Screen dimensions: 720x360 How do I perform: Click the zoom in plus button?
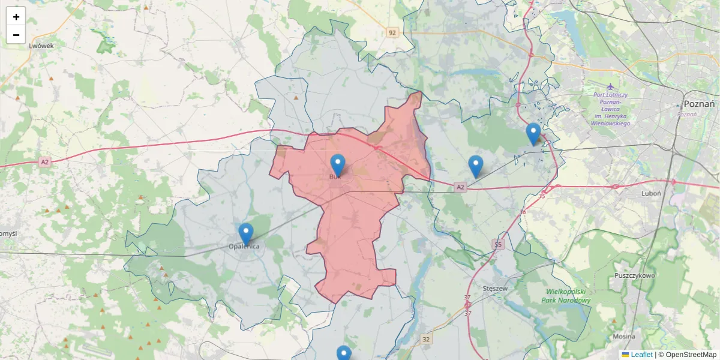pyautogui.click(x=16, y=17)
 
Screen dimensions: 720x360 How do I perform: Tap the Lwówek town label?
pyautogui.click(x=41, y=46)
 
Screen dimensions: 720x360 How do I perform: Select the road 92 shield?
pyautogui.click(x=392, y=32)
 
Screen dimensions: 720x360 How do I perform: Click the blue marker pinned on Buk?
pyautogui.click(x=338, y=165)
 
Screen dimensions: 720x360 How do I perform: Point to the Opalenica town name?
pyautogui.click(x=244, y=247)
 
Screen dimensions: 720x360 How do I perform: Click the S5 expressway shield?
pyautogui.click(x=497, y=244)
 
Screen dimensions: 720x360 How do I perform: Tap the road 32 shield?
pyautogui.click(x=426, y=339)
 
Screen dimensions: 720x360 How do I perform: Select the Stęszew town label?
pyautogui.click(x=496, y=289)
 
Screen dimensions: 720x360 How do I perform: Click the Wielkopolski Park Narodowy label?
pyautogui.click(x=566, y=296)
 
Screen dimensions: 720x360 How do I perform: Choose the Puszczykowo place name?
pyautogui.click(x=635, y=275)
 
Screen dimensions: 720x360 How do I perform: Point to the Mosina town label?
pyautogui.click(x=624, y=337)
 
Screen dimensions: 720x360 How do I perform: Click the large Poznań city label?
pyautogui.click(x=699, y=104)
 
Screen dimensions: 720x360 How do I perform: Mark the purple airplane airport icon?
pyautogui.click(x=610, y=86)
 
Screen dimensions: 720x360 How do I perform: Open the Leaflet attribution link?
pyautogui.click(x=641, y=355)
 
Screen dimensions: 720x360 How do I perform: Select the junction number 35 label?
pyautogui.click(x=542, y=196)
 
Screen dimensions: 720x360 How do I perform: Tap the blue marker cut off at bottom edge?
pyautogui.click(x=344, y=353)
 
